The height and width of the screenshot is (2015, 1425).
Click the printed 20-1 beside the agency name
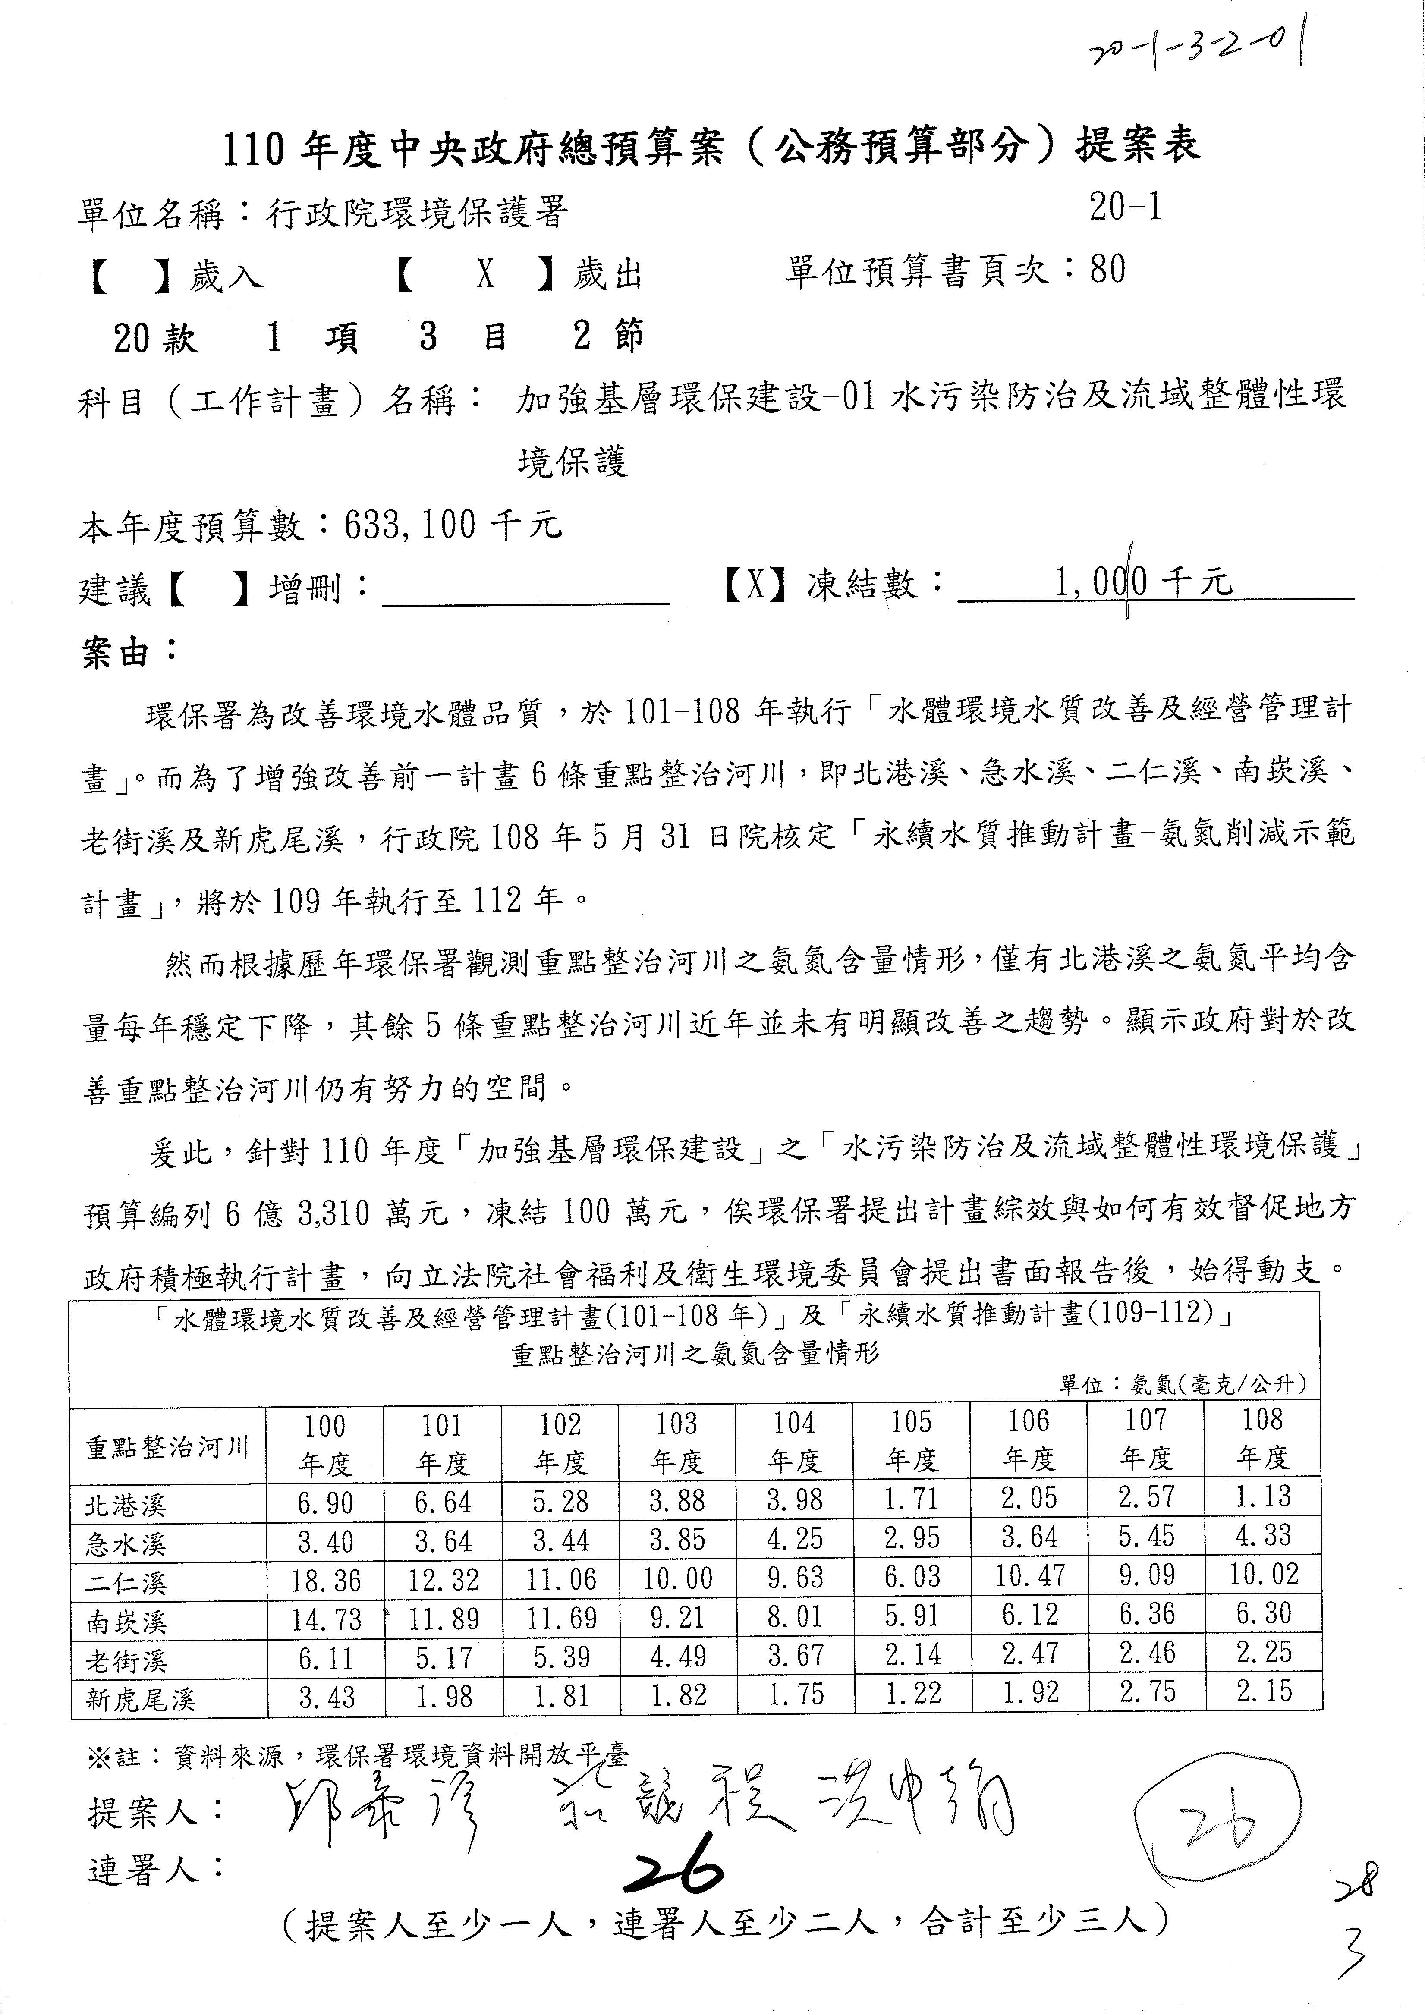pyautogui.click(x=1126, y=208)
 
